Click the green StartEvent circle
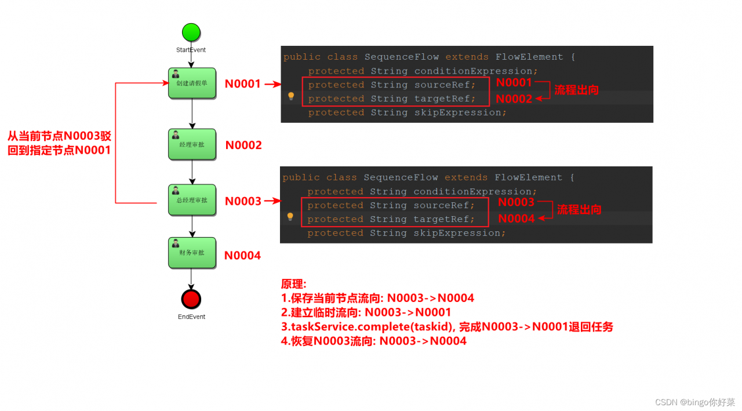pyautogui.click(x=191, y=32)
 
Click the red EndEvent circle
pyautogui.click(x=191, y=299)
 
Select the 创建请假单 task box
pyautogui.click(x=192, y=83)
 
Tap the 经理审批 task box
pyautogui.click(x=192, y=144)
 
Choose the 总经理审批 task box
pyautogui.click(x=192, y=200)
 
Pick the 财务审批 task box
pyautogui.click(x=192, y=253)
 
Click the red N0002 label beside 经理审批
pyautogui.click(x=243, y=146)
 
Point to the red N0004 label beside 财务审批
pyautogui.click(x=242, y=256)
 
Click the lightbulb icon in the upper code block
pyautogui.click(x=291, y=96)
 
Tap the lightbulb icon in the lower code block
pyautogui.click(x=290, y=217)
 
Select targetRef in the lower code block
pyautogui.click(x=443, y=219)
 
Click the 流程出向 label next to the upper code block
pyautogui.click(x=576, y=90)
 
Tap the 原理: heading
pyautogui.click(x=293, y=284)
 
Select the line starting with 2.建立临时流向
pyautogui.click(x=366, y=312)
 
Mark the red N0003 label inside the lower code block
pyautogui.click(x=516, y=202)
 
